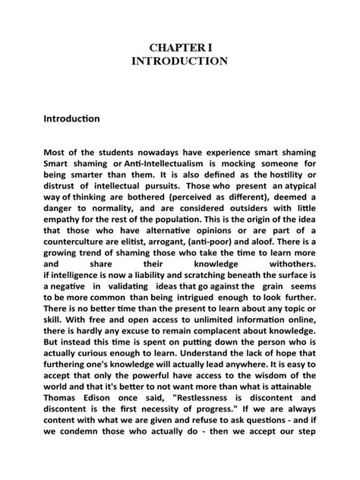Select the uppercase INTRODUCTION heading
(180, 61)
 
